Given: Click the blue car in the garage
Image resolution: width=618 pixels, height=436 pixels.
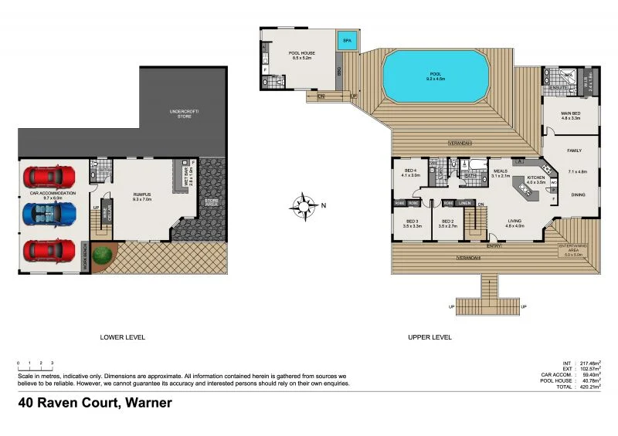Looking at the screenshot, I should coord(49,213).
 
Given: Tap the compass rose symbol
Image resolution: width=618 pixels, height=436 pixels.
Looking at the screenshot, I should coord(303,205).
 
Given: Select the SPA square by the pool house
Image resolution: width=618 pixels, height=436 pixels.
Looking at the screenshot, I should coord(346,40).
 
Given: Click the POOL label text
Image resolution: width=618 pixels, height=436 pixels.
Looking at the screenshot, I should coord(437,76).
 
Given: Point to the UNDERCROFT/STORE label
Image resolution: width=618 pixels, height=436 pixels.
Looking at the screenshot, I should coord(185,114).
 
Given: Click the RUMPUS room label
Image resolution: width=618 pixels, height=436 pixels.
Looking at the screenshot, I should coord(141,196).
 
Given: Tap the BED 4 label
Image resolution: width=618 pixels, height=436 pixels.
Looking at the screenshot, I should coord(411,172).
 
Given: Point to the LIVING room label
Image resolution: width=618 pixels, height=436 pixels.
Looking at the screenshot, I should coord(515,223).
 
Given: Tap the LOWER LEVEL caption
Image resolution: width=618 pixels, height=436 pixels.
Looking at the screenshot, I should coord(123,337).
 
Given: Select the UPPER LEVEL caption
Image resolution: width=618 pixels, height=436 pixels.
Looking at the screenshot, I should coord(430,337).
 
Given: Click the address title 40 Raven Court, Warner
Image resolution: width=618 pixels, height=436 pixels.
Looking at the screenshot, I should coord(95,402).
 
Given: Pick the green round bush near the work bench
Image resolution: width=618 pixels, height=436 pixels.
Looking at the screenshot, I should coord(100,255).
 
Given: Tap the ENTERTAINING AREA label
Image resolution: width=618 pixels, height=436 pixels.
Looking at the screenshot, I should coord(572,249).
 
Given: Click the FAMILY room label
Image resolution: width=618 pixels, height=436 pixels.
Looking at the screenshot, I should coord(574,150).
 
